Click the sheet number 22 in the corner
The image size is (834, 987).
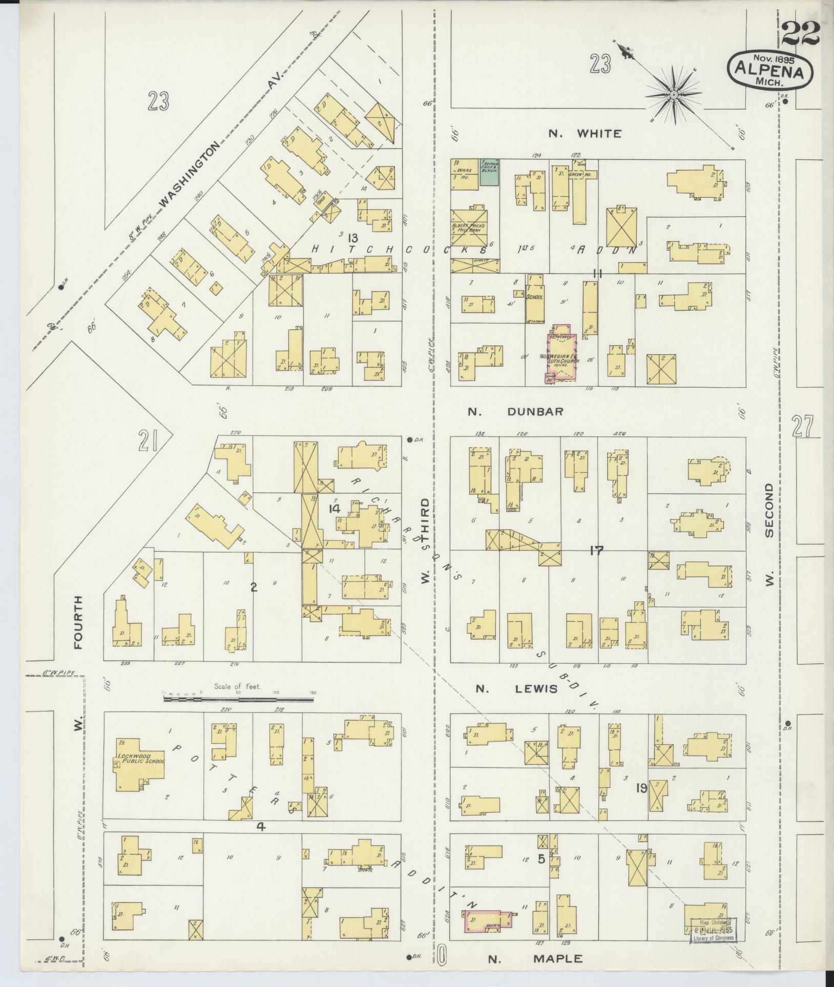pyautogui.click(x=801, y=34)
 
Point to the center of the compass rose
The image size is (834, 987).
pyautogui.click(x=675, y=95)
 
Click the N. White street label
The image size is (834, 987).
pyautogui.click(x=585, y=134)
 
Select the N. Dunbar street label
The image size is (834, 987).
pyautogui.click(x=516, y=411)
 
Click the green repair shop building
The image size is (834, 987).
pyautogui.click(x=489, y=172)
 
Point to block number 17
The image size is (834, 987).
pyautogui.click(x=596, y=551)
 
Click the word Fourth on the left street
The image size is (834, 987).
pyautogui.click(x=78, y=622)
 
